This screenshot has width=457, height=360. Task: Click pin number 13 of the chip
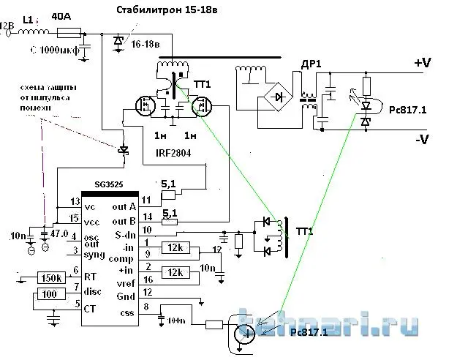tap(74, 201)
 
